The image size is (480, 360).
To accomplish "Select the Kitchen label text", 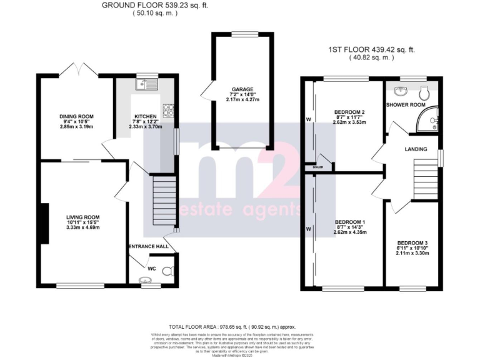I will pyautogui.click(x=145, y=116).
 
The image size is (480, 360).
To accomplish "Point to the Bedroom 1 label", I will pyautogui.click(x=350, y=222).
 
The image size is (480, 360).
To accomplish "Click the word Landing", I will pyautogui.click(x=416, y=149).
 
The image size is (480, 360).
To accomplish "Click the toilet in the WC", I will pyautogui.click(x=166, y=271).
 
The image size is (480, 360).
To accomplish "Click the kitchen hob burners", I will pyautogui.click(x=168, y=111).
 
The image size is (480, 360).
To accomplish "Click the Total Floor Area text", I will pyautogui.click(x=232, y=327).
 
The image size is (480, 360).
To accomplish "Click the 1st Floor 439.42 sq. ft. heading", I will pyautogui.click(x=372, y=50).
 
